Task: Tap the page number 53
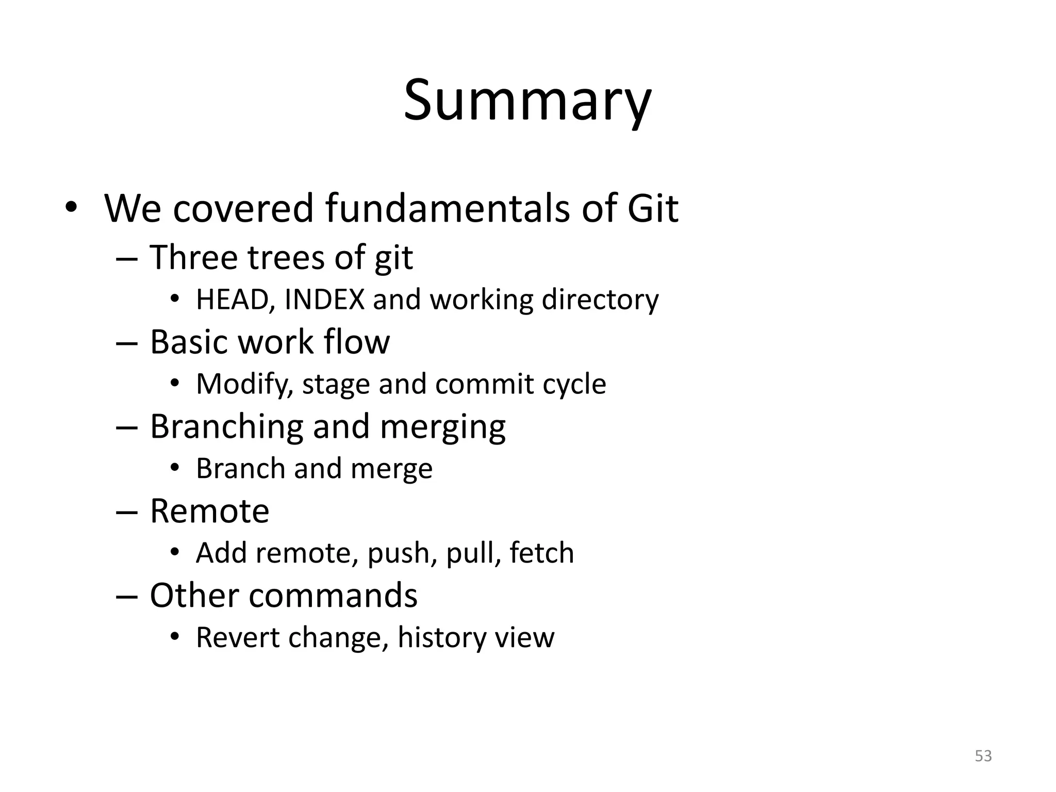[x=983, y=756]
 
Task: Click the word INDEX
[x=324, y=299]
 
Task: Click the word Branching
[x=226, y=427]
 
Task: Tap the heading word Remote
[x=209, y=511]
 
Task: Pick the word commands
[x=333, y=596]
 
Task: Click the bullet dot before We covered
[x=71, y=208]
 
